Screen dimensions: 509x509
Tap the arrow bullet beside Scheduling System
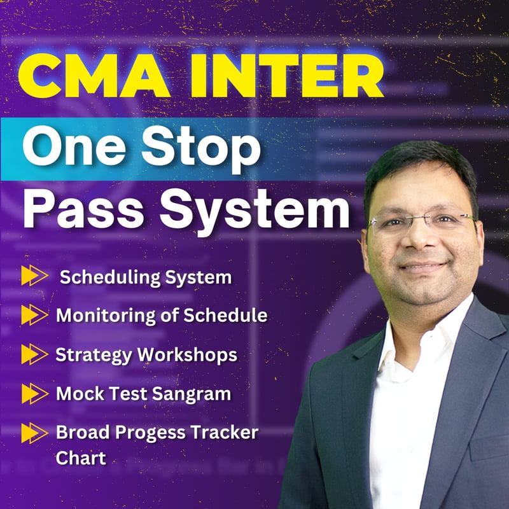click(34, 276)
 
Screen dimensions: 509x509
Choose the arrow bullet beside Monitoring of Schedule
click(34, 315)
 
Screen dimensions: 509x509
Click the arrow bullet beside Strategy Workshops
click(34, 354)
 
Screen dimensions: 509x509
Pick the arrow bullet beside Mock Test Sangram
click(34, 394)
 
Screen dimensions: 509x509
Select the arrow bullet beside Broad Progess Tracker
click(34, 433)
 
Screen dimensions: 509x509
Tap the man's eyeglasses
click(424, 222)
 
